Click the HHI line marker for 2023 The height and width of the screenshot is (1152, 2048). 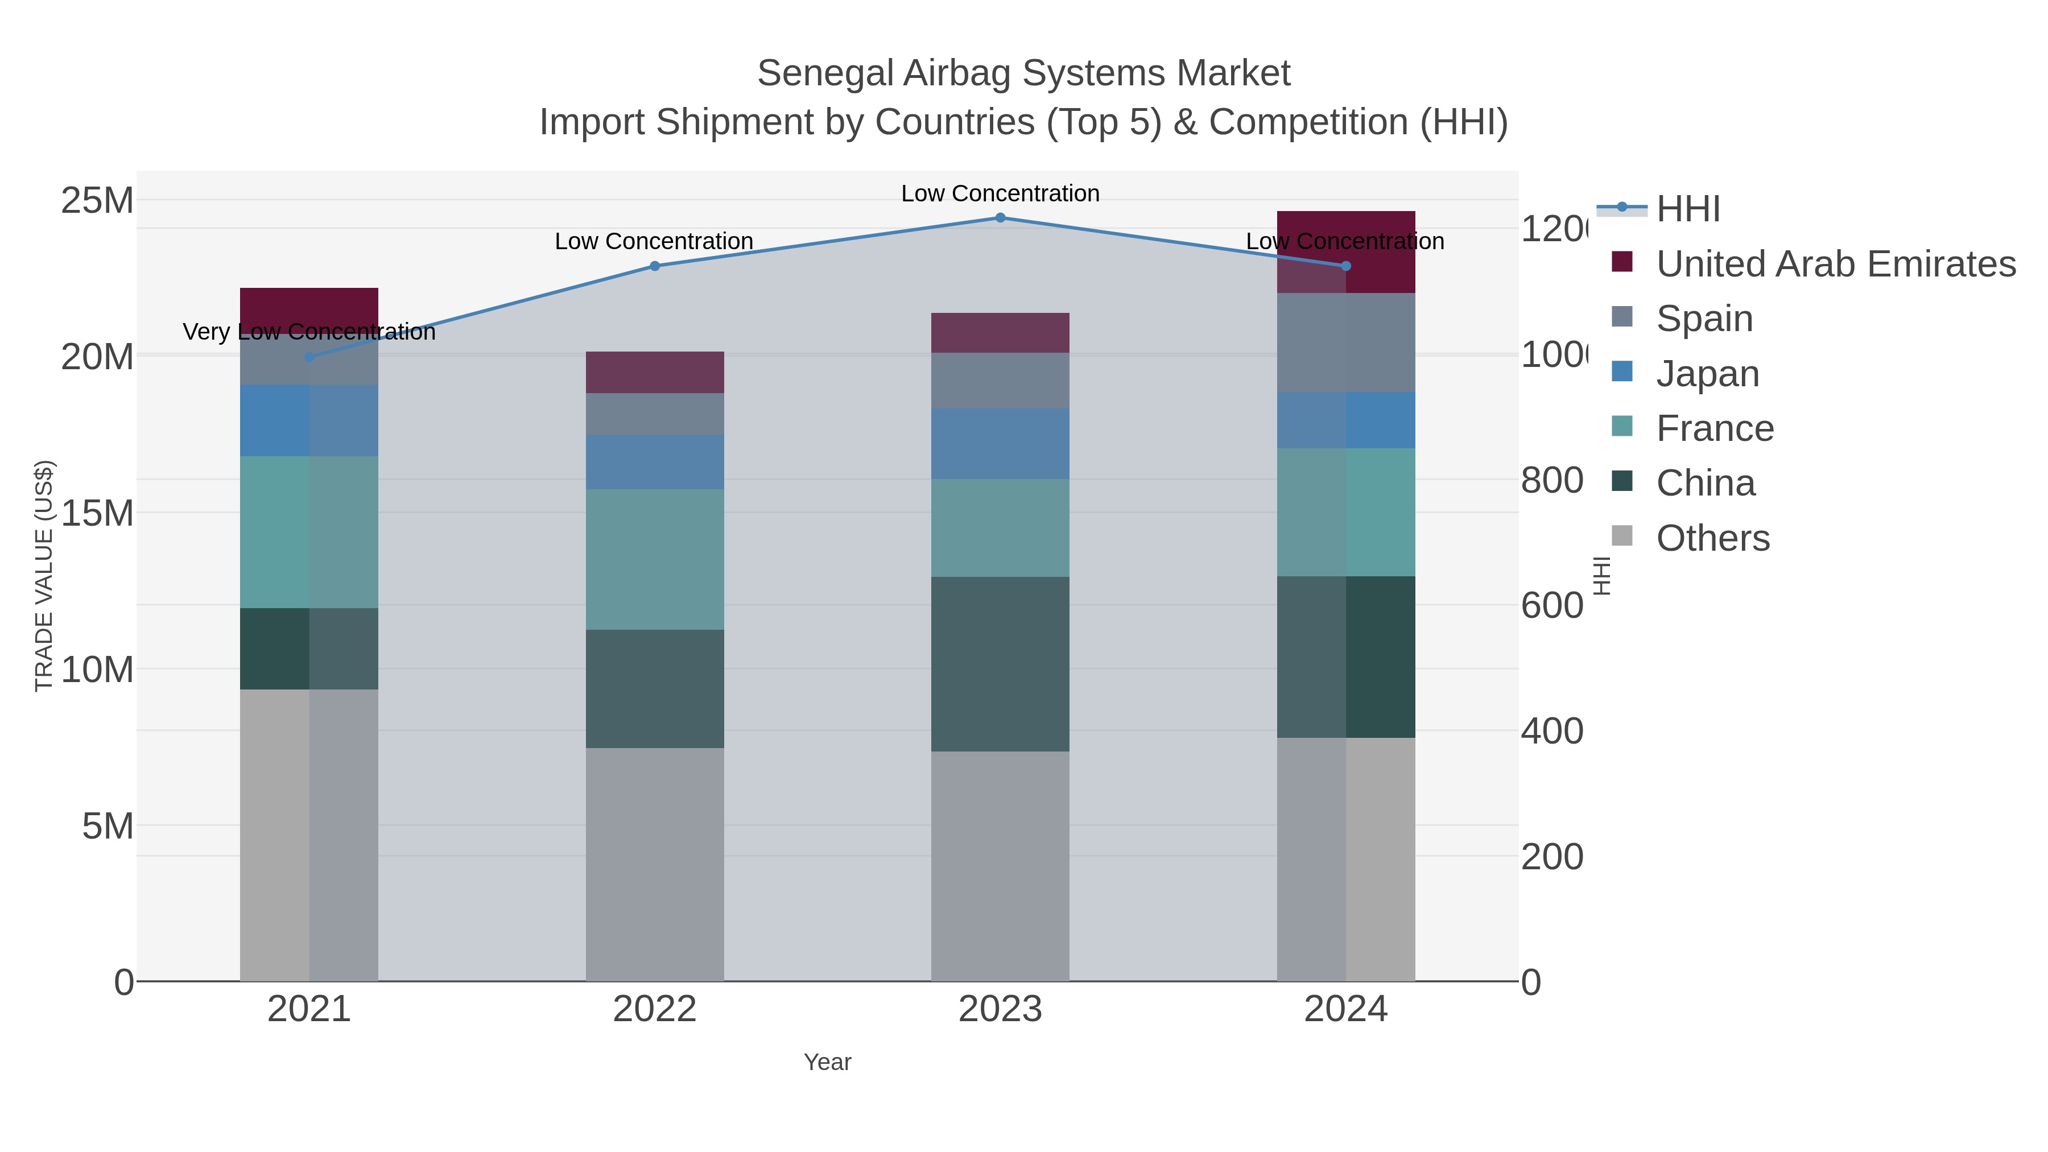(x=1000, y=218)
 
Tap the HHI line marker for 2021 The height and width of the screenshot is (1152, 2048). (x=309, y=357)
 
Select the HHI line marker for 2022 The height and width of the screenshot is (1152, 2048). (x=654, y=266)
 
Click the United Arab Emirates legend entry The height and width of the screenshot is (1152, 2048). (x=1835, y=264)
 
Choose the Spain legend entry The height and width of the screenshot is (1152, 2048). (x=1704, y=319)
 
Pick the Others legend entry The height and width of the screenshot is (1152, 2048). (x=1712, y=538)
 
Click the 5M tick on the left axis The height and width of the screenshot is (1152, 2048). (x=108, y=827)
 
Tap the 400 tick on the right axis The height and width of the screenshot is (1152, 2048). (x=1551, y=732)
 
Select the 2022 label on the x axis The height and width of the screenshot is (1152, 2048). (x=654, y=1010)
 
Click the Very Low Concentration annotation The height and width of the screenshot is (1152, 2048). (x=309, y=332)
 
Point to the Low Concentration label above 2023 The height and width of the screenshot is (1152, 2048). (x=1000, y=193)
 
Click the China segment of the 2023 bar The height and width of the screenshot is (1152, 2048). (x=1000, y=664)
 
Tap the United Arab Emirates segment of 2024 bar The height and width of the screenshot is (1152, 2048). (x=1345, y=251)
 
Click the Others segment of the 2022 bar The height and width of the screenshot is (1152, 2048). (x=654, y=864)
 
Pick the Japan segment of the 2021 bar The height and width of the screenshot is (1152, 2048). (x=309, y=420)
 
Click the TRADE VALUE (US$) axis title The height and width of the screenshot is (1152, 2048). (x=44, y=576)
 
